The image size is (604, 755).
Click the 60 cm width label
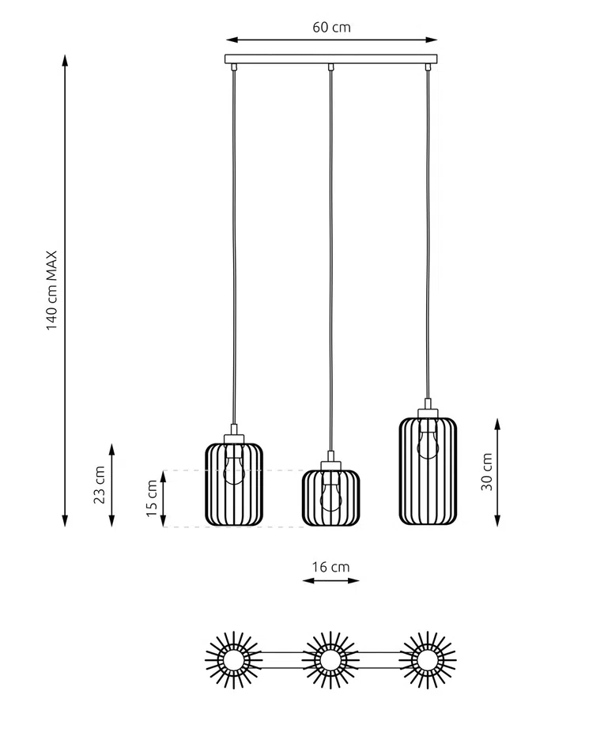point(331,27)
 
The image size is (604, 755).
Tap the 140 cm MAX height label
point(52,291)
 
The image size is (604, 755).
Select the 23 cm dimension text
point(99,484)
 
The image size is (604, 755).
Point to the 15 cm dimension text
point(152,498)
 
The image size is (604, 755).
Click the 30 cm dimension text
point(487,472)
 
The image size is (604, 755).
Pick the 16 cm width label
point(330,566)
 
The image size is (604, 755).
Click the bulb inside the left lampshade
point(234,466)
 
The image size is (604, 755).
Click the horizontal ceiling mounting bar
point(331,59)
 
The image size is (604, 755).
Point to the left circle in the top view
point(234,659)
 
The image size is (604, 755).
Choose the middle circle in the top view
point(330,659)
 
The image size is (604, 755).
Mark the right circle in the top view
point(428,659)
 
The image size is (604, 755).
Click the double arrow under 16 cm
point(330,581)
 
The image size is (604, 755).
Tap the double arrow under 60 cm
point(331,39)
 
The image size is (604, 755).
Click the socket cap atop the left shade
point(234,437)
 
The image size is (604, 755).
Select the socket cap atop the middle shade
point(330,465)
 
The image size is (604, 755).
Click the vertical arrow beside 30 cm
point(497,472)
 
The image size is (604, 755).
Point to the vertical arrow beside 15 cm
point(164,498)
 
